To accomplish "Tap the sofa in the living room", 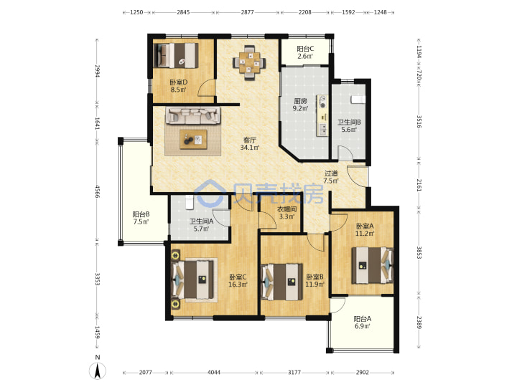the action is tap(192, 115).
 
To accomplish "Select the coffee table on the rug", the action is tap(194, 139).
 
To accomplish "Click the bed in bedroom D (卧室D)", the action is tap(177, 55).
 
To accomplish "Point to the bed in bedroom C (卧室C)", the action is tap(193, 279).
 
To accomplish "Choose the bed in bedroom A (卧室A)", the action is tap(373, 265).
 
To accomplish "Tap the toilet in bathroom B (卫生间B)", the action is tap(358, 99).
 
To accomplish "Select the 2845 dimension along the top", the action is tap(183, 12).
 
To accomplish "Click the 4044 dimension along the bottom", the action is tap(214, 372).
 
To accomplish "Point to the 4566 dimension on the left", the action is tap(97, 191).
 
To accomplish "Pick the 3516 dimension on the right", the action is tap(419, 121).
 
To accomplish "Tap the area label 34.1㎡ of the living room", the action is tap(250, 148).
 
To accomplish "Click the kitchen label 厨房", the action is tap(300, 101).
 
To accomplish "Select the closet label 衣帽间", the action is tap(287, 209).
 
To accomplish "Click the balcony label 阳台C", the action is tap(305, 49).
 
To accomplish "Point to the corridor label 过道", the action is tap(331, 173).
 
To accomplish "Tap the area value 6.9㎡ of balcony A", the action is tap(362, 326).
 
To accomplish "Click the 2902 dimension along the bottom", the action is tap(362, 372).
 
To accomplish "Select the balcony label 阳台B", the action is tap(141, 214).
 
